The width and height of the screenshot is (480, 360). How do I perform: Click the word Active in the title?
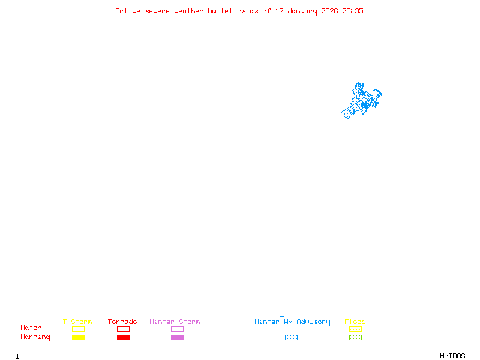coord(128,11)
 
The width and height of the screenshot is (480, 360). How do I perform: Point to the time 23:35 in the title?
coord(353,11)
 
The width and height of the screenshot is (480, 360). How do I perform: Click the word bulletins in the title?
coord(227,11)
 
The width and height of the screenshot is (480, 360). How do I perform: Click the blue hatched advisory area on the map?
coord(362,101)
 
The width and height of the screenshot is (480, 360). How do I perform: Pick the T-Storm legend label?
coord(77,322)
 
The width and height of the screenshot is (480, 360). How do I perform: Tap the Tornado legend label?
coord(122,322)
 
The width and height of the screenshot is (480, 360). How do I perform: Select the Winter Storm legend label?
coord(175,322)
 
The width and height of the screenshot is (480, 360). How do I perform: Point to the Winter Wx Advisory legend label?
coord(292,322)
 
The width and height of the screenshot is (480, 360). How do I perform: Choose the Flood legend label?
coord(355,322)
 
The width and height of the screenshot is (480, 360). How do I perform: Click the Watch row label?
coord(31,328)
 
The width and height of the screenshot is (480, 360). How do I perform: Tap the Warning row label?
coord(35,337)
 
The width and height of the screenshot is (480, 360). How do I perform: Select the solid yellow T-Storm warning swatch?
coord(78,338)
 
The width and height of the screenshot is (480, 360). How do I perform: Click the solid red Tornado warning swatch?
coord(123,338)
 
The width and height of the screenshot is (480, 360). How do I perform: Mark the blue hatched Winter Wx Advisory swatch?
coord(291,338)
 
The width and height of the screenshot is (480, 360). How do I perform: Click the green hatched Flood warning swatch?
coord(355,338)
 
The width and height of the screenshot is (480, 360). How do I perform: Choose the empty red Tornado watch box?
coord(123,329)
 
